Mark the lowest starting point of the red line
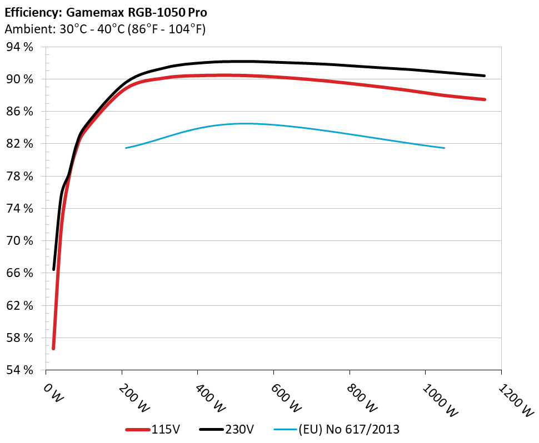(x=53, y=348)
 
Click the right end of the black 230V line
(x=484, y=75)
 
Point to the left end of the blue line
(x=126, y=148)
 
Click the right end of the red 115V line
(x=485, y=99)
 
